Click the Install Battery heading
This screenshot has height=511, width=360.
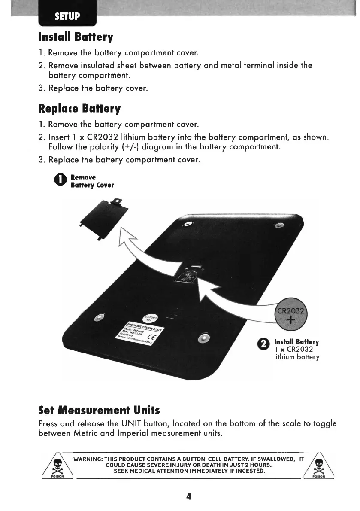coord(76,37)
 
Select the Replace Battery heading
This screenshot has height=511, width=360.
coord(79,108)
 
